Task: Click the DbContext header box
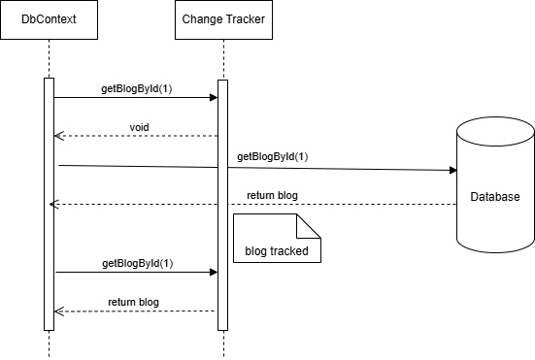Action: (49, 20)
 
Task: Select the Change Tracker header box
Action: (222, 20)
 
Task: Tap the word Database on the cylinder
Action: (495, 197)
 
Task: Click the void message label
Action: (139, 127)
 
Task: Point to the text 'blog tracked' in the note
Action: (277, 250)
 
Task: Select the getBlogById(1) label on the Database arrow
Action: (273, 156)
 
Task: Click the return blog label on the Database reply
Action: (272, 195)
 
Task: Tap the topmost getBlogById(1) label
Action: (137, 88)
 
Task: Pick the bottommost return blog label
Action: (134, 302)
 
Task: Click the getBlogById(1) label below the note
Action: (137, 263)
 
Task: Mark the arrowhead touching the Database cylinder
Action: (451, 170)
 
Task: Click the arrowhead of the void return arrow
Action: (58, 136)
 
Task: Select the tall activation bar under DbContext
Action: (49, 204)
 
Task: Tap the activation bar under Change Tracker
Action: (222, 204)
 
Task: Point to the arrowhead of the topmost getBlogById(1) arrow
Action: (213, 97)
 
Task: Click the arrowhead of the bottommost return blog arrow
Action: (58, 311)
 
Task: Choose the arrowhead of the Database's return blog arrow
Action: (54, 204)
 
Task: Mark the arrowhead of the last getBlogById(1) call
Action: (213, 272)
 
